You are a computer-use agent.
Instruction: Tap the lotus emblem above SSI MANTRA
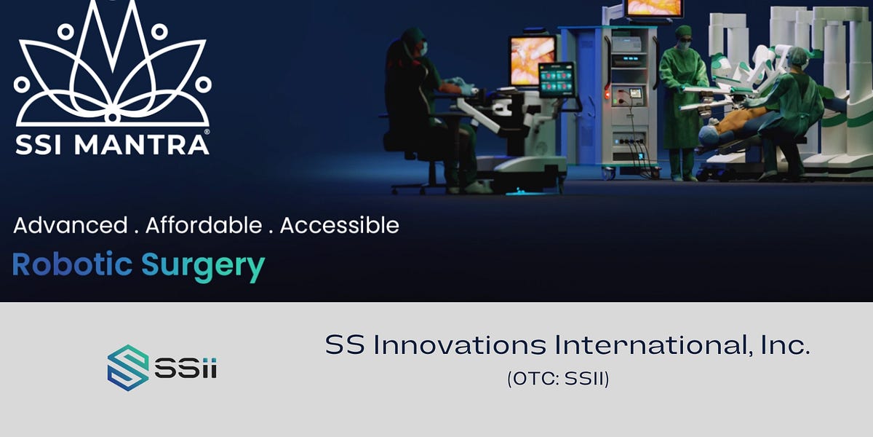[x=113, y=66]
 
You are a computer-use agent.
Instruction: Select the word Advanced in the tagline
[x=70, y=225]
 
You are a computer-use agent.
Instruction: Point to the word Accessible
[x=339, y=225]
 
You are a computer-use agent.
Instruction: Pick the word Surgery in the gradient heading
[x=203, y=266]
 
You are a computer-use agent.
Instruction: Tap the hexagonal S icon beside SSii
[x=128, y=368]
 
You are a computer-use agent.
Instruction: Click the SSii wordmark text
[x=186, y=368]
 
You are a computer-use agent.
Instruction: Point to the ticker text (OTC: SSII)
[x=558, y=379]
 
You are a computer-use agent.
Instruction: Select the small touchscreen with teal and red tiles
[x=557, y=79]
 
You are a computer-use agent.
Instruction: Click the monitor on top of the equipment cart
[x=654, y=8]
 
